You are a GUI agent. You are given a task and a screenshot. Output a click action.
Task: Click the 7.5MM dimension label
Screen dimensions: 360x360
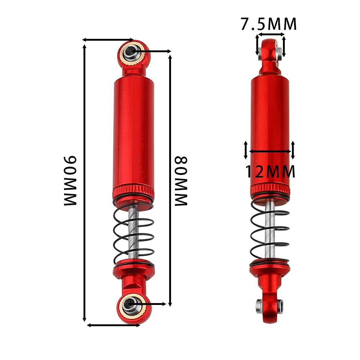269,24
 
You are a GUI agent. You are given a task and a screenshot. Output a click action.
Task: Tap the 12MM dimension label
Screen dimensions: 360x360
270,171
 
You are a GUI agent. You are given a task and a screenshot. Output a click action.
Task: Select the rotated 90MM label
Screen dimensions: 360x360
70,180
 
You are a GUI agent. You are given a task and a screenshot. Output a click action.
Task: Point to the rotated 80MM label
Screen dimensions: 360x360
181,181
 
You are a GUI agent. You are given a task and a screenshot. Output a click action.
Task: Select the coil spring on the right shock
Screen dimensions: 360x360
270,232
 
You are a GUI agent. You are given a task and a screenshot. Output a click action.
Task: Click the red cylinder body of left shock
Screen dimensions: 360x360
134,132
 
